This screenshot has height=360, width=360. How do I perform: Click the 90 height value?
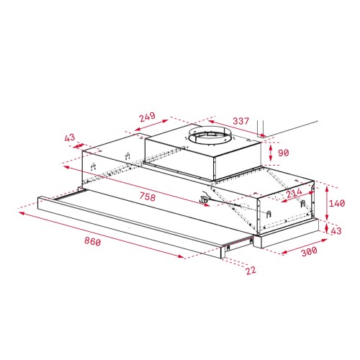[x=282, y=152]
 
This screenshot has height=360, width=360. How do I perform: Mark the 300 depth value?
[x=308, y=253]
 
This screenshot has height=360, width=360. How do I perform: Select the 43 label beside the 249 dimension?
[x=70, y=138]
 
